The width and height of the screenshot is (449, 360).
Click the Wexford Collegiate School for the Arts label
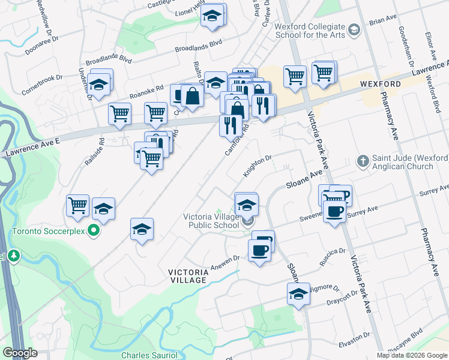pyautogui.click(x=310, y=31)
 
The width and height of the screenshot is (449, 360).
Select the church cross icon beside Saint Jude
pyautogui.click(x=362, y=160)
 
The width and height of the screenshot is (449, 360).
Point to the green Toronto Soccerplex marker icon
pyautogui.click(x=93, y=229)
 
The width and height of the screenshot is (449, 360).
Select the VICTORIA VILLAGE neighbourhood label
pyautogui.click(x=189, y=276)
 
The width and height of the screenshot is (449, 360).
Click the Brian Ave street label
pyautogui.click(x=384, y=21)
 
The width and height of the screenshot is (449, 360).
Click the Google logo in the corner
pyautogui.click(x=20, y=353)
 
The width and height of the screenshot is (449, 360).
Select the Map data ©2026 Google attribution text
pyautogui.click(x=412, y=355)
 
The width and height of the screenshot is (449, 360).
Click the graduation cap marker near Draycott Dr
pyautogui.click(x=298, y=294)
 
